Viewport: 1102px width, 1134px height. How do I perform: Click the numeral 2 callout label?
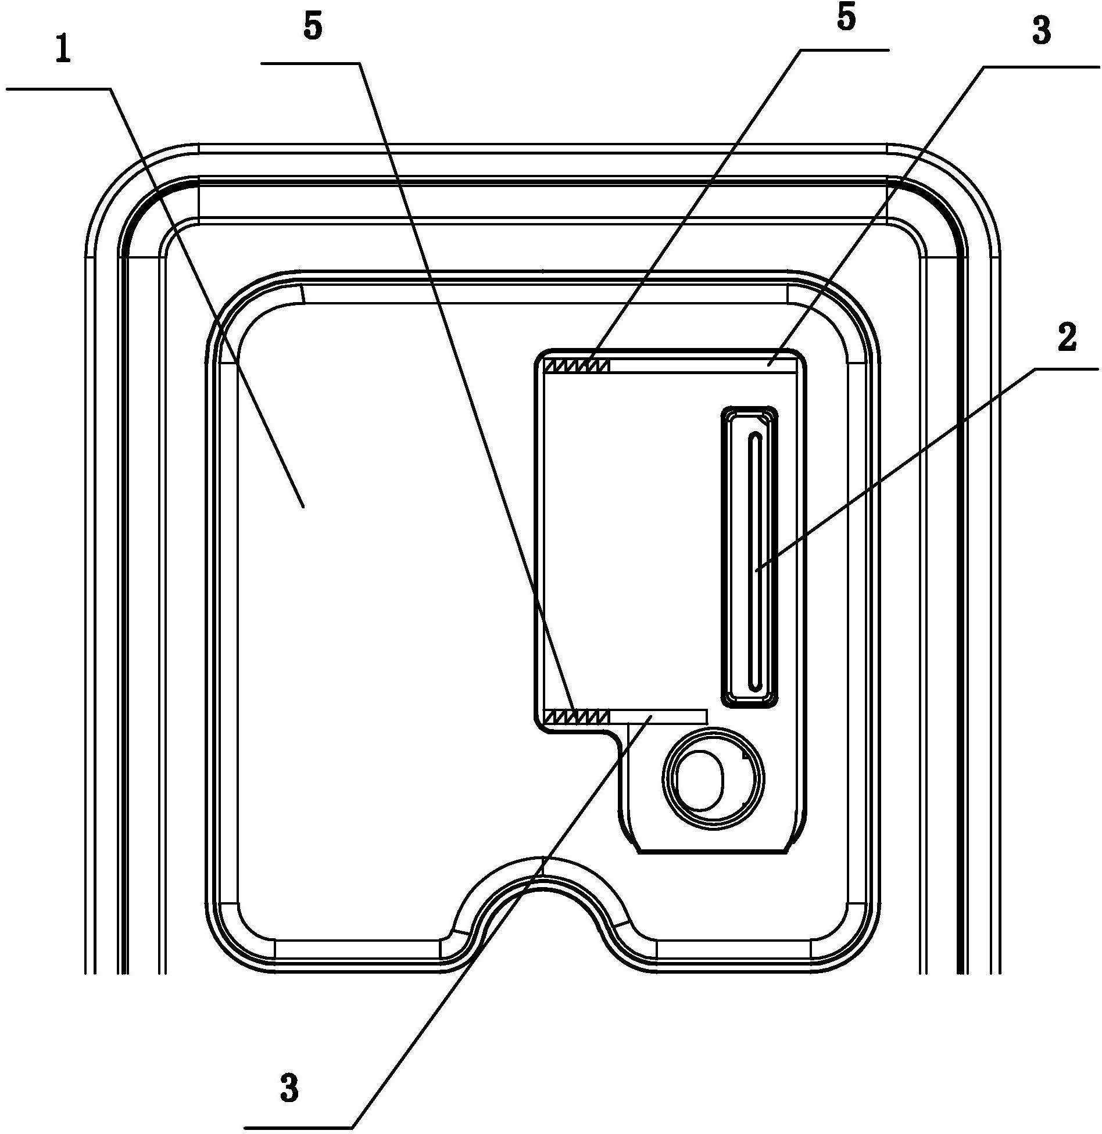click(x=1067, y=338)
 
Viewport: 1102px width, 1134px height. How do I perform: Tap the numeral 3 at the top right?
click(x=1042, y=30)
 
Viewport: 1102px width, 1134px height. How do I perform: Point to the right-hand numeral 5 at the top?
click(x=846, y=17)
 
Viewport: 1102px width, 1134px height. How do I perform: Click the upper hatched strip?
click(x=576, y=365)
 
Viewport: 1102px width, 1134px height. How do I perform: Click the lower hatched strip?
click(x=576, y=716)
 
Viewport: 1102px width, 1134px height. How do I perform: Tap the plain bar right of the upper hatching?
click(x=702, y=365)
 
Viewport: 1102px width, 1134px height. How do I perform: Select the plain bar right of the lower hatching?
click(x=658, y=716)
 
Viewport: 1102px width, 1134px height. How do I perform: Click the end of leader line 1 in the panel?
click(x=303, y=507)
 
